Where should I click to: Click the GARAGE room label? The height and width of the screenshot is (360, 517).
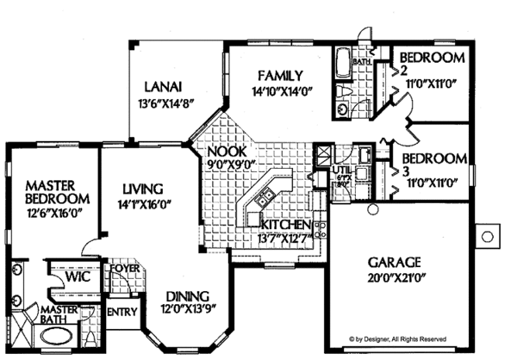(x=396, y=261)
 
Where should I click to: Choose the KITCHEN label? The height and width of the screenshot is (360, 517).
(x=288, y=226)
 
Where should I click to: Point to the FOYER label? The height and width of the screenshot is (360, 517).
(x=120, y=268)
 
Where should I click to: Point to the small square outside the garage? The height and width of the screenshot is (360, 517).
(x=488, y=234)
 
